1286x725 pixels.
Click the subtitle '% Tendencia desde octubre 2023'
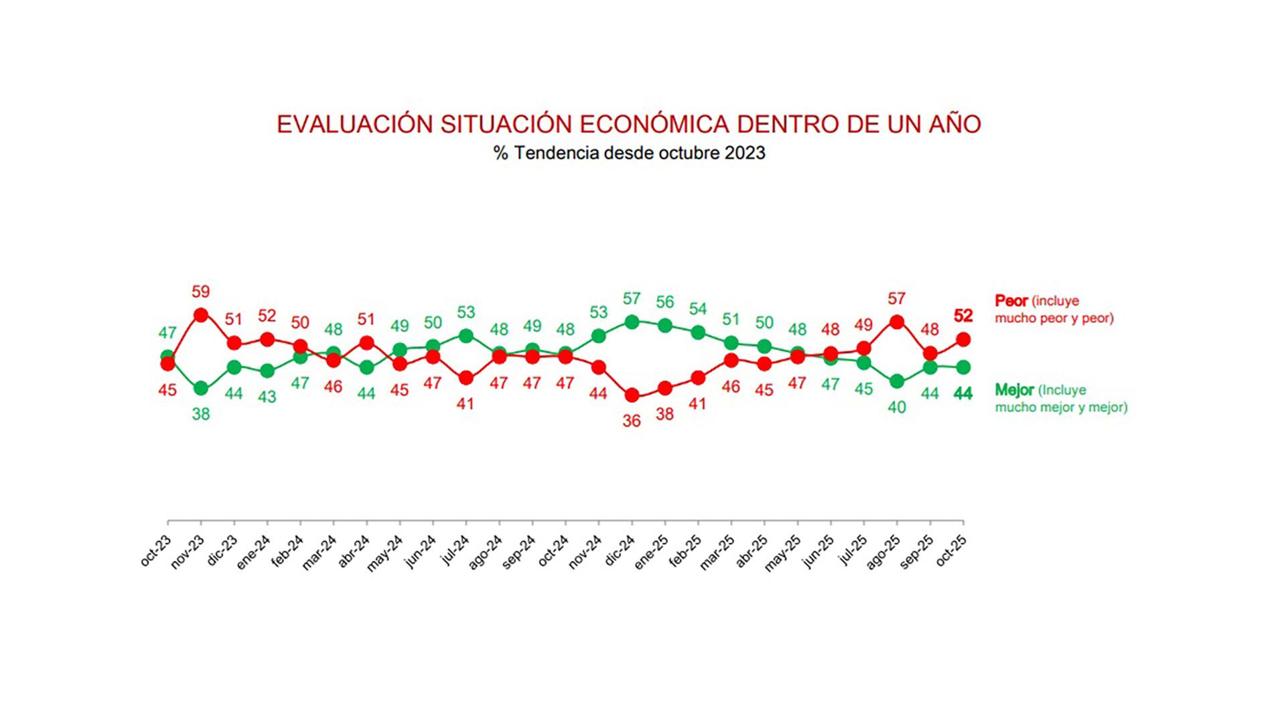[629, 153]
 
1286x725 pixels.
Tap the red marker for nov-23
[200, 315]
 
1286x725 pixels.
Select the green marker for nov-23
[200, 389]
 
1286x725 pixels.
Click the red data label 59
[200, 292]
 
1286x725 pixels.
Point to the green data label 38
[200, 414]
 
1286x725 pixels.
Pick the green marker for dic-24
[631, 322]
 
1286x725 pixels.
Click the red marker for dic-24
[631, 395]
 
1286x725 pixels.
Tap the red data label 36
[631, 421]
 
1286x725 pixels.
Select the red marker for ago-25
[896, 322]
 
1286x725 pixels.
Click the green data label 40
[896, 407]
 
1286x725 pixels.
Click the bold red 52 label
[962, 316]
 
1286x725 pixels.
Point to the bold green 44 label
[962, 394]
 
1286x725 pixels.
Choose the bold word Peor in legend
[1011, 301]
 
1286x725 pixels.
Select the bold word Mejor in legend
[1014, 390]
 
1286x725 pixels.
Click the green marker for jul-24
[466, 336]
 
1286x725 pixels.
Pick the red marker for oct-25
[962, 340]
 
